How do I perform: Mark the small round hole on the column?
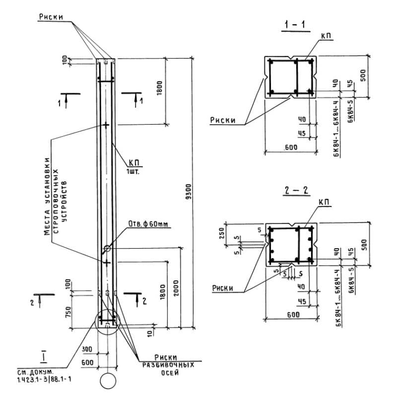pyautogui.click(x=107, y=249)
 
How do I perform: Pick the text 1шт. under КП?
pyautogui.click(x=134, y=172)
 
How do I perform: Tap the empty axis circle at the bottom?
pyautogui.click(x=107, y=381)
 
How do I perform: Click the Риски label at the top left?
pyautogui.click(x=51, y=17)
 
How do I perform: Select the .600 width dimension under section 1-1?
pyautogui.click(x=290, y=147)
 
